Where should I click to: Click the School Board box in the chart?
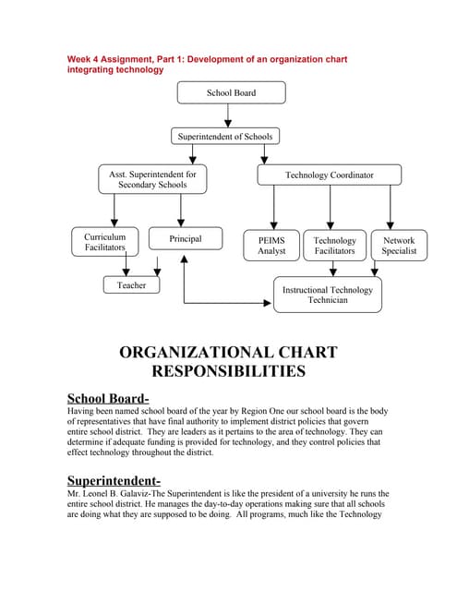click(x=231, y=92)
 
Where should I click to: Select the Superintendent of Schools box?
click(x=225, y=137)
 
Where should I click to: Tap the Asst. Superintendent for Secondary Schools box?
click(x=152, y=179)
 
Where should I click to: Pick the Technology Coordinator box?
click(x=329, y=175)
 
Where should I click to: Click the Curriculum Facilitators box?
click(x=105, y=242)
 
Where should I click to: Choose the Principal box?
click(x=185, y=238)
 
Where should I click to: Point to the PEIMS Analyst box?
click(x=271, y=245)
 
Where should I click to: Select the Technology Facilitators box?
click(x=334, y=245)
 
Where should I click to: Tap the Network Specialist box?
click(x=399, y=245)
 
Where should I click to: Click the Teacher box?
click(x=131, y=285)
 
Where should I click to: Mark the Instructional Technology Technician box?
click(x=327, y=295)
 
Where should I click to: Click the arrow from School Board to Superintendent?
click(x=229, y=115)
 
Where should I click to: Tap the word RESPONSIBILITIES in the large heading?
click(x=228, y=372)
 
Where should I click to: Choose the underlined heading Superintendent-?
click(x=114, y=480)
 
